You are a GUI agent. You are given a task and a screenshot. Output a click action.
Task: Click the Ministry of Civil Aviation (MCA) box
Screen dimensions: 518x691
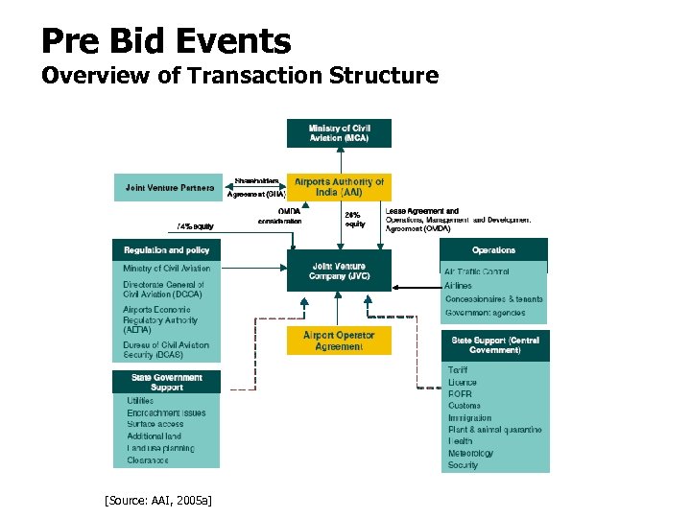339,133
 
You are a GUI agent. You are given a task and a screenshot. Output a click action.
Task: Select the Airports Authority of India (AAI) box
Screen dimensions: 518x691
339,187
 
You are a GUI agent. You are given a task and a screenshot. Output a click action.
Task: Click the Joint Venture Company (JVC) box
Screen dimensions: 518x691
339,271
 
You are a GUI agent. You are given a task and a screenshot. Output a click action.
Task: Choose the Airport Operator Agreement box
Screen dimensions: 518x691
339,341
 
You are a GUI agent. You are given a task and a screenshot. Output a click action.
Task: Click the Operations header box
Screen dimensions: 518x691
493,250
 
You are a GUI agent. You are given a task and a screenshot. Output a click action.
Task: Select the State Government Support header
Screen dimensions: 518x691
167,382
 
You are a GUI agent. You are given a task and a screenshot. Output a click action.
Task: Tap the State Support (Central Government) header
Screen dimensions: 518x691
495,345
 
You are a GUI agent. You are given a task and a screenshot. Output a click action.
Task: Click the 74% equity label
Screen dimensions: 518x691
195,226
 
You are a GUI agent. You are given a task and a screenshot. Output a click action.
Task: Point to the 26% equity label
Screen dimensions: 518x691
355,219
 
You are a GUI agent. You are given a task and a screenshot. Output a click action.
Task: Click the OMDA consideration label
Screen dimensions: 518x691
281,217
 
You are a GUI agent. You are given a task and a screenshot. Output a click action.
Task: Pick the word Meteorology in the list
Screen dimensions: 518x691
470,453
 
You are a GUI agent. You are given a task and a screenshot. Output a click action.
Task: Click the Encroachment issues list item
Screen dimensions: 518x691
166,412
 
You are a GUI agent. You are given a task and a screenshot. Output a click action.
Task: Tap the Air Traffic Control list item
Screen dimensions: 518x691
477,272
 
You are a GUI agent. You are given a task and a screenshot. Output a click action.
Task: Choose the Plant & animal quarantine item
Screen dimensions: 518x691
494,430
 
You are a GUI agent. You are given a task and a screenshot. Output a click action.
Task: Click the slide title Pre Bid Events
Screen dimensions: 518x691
166,41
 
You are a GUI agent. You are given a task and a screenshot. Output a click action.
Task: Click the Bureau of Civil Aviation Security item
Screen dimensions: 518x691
165,350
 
